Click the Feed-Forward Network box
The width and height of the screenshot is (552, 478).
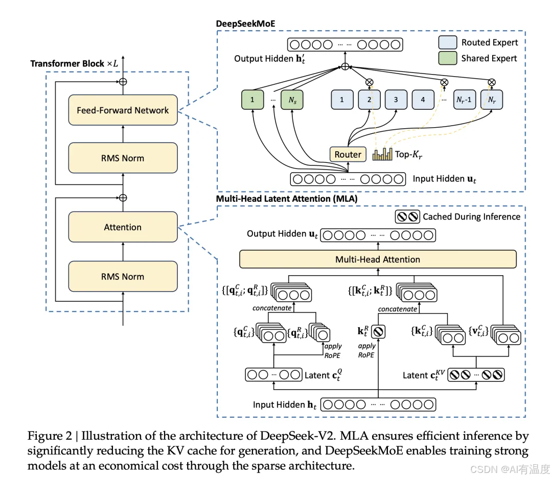pyautogui.click(x=123, y=110)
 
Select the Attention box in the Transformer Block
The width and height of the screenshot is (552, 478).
pyautogui.click(x=123, y=227)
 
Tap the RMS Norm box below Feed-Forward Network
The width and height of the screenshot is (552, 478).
pyautogui.click(x=123, y=158)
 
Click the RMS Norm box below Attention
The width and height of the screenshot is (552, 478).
pyautogui.click(x=123, y=276)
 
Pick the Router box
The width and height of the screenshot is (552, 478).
pyautogui.click(x=348, y=154)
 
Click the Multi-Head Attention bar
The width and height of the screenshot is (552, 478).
pyautogui.click(x=378, y=259)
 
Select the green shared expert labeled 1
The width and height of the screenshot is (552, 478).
pyautogui.click(x=252, y=100)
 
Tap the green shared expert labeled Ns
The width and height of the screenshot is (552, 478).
pyautogui.click(x=292, y=100)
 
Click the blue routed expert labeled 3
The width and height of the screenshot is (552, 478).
pyautogui.click(x=396, y=100)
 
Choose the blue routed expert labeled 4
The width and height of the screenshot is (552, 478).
pyautogui.click(x=423, y=100)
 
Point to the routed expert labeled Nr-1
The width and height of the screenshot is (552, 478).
pyautogui.click(x=464, y=100)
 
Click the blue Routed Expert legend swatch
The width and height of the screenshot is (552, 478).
pyautogui.click(x=448, y=42)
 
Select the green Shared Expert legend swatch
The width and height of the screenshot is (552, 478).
pyautogui.click(x=448, y=58)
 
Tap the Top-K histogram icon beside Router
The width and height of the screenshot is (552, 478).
pyautogui.click(x=382, y=154)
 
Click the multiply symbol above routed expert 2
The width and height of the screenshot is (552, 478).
pyautogui.click(x=370, y=82)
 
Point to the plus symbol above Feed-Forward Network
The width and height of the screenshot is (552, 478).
pyautogui.click(x=123, y=82)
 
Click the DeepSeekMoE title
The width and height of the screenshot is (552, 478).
pyautogui.click(x=245, y=23)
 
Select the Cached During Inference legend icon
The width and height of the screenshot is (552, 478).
pyautogui.click(x=407, y=217)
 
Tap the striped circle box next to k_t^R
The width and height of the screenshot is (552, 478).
pyautogui.click(x=378, y=331)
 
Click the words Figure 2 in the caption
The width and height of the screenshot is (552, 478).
pyautogui.click(x=50, y=436)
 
